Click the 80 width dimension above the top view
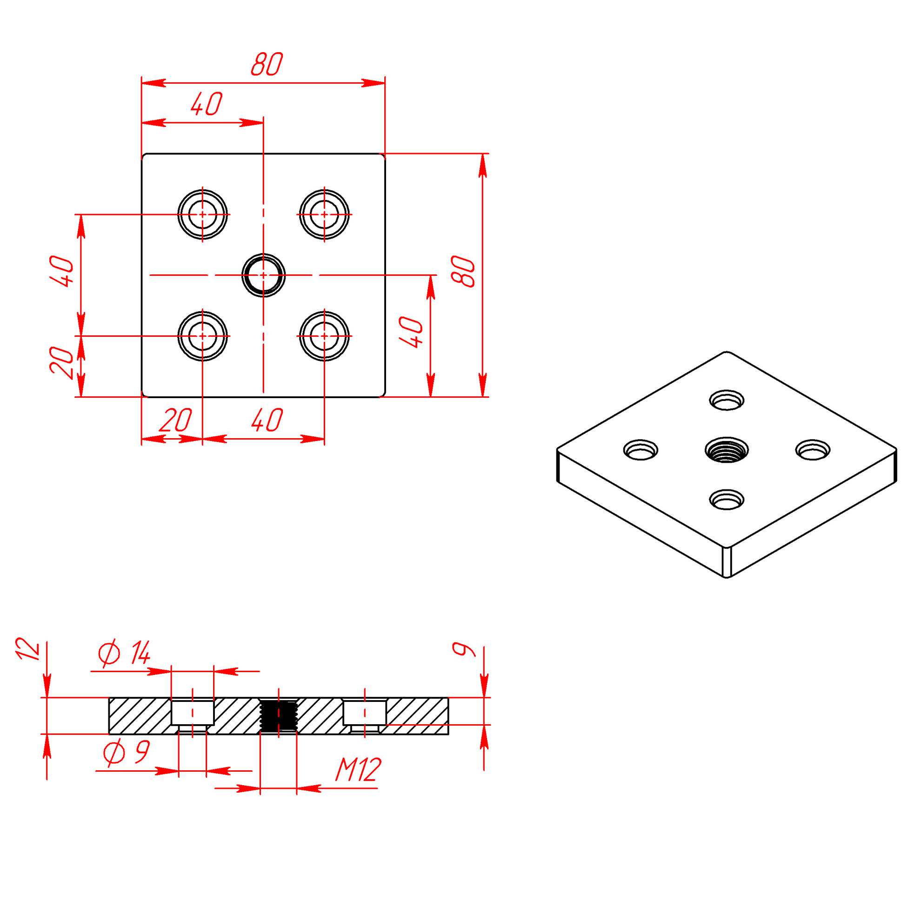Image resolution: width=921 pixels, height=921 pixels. tap(267, 64)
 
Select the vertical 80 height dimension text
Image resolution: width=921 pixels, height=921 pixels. tap(463, 271)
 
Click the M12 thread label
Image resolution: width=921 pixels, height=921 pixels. tap(359, 769)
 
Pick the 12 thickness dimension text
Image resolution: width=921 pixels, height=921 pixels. tap(27, 649)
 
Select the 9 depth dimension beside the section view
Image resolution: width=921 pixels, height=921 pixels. tap(463, 649)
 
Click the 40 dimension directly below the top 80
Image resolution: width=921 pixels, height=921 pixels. tap(207, 104)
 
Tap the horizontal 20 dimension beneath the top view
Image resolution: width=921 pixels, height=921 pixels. tap(175, 420)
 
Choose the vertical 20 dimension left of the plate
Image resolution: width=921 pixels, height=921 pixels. tap(61, 363)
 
